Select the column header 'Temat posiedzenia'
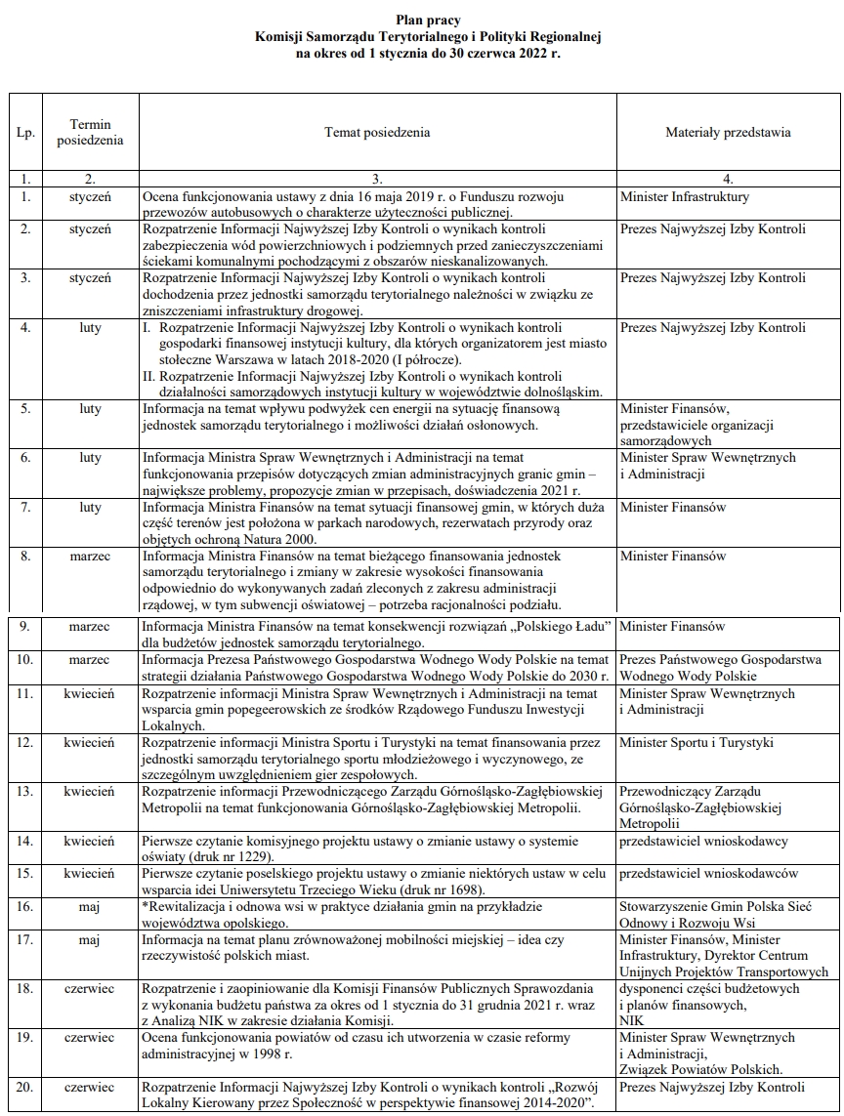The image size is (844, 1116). pos(377,132)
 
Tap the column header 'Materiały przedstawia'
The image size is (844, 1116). pos(728,132)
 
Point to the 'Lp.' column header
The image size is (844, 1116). pos(25,132)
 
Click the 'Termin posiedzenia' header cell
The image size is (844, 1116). pos(90,132)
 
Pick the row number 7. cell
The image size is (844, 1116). pos(25,508)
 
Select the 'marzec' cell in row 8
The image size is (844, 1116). pos(90,557)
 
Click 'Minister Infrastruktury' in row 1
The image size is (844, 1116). pos(684,196)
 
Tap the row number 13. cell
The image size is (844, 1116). pos(25,791)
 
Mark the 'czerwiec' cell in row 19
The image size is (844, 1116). pos(90,1037)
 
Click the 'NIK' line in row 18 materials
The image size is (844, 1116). pos(631,1019)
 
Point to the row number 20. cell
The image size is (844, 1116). pos(25,1086)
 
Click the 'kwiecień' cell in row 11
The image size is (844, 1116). pos(90,694)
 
